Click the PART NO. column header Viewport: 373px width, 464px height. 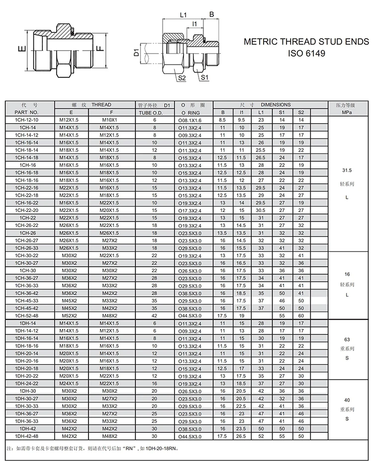point(30,113)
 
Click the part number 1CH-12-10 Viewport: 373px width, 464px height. point(30,120)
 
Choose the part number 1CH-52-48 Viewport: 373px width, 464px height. point(30,315)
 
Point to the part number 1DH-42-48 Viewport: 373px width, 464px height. point(30,436)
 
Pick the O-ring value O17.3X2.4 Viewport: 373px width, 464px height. point(189,210)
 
